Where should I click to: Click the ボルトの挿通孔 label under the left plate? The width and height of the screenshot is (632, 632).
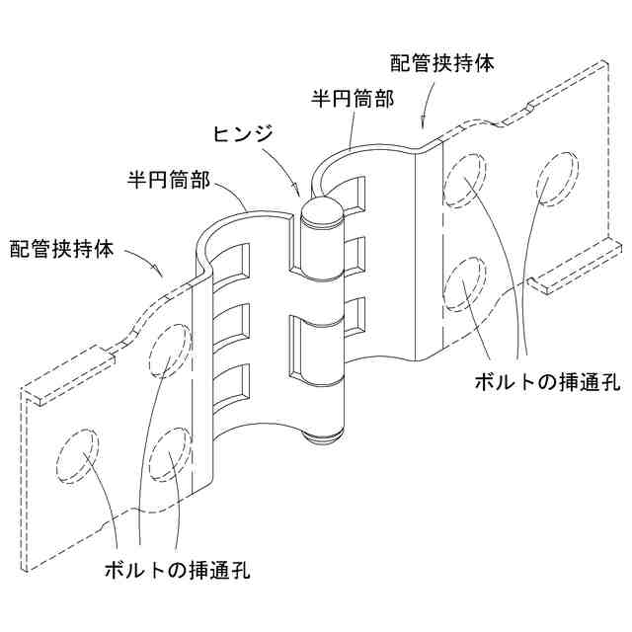pos(179,570)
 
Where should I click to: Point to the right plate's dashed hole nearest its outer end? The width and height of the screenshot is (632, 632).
pos(555,177)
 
